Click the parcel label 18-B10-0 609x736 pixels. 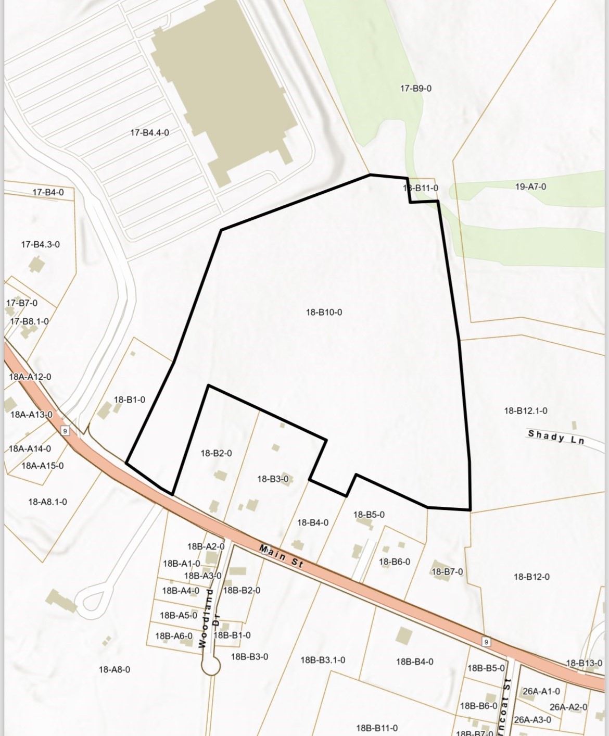click(x=324, y=313)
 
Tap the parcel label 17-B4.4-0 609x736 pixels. click(x=149, y=133)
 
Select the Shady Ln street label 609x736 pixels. click(x=556, y=437)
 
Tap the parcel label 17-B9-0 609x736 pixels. click(x=415, y=89)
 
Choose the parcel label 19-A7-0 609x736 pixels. click(x=530, y=186)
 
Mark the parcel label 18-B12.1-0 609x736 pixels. click(x=525, y=411)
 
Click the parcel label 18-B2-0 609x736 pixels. click(x=216, y=453)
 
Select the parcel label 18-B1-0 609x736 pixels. click(x=130, y=400)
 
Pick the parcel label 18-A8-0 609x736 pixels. click(x=115, y=669)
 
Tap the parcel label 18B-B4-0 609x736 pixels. click(x=414, y=662)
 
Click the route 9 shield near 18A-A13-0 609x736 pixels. click(x=65, y=430)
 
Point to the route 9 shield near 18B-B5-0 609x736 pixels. click(x=486, y=642)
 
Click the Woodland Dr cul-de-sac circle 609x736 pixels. click(x=211, y=665)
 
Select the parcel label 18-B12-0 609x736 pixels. click(x=531, y=577)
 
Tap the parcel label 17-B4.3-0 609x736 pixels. click(x=40, y=244)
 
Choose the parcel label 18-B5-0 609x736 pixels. click(x=369, y=515)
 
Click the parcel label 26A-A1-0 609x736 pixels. click(x=541, y=691)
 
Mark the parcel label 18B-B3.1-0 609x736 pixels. click(x=323, y=660)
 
